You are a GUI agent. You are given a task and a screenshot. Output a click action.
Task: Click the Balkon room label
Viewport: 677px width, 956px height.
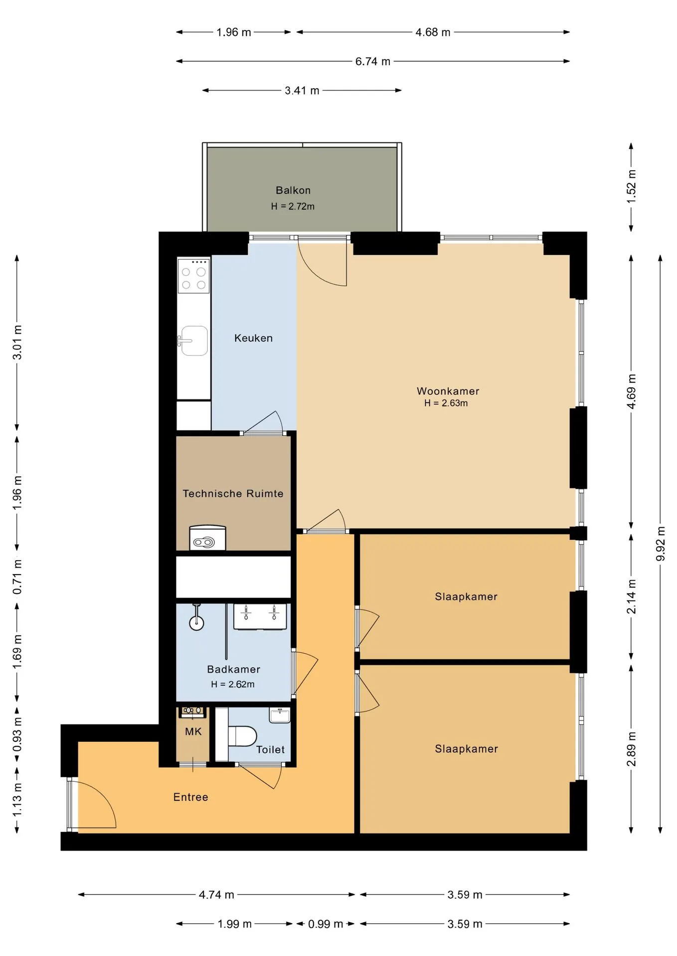[293, 190]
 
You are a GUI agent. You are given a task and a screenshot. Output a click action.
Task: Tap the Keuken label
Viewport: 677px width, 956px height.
[254, 338]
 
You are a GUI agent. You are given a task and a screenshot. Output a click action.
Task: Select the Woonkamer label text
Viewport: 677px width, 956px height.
[448, 391]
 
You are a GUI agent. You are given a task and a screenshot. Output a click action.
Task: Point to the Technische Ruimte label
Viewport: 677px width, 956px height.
[233, 493]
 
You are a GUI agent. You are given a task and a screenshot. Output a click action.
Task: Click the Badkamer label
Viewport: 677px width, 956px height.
[233, 669]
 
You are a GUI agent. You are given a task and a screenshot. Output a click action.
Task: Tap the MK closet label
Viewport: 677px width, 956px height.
[193, 731]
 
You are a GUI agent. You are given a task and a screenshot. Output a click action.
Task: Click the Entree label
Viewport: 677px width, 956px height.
[190, 797]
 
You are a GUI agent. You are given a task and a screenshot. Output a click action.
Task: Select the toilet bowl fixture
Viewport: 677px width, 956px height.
[242, 736]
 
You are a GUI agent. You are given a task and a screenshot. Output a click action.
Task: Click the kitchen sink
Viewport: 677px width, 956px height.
[194, 341]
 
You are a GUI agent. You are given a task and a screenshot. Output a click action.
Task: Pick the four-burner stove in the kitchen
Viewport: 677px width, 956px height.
[193, 275]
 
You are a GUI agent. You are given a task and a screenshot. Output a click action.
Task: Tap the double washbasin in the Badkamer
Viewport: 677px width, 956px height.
[260, 616]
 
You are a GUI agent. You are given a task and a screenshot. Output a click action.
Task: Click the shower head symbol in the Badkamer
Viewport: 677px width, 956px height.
[196, 620]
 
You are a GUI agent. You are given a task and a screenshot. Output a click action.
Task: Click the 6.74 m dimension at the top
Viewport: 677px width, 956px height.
[373, 61]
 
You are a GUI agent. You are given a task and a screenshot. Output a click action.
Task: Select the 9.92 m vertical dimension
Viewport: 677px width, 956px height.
[660, 544]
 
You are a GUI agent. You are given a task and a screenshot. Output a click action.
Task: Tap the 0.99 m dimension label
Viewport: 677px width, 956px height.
[326, 924]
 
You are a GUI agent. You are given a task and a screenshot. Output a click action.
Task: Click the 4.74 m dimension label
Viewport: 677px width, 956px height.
[216, 895]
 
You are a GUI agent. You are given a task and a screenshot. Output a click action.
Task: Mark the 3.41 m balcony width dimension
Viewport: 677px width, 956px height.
[302, 91]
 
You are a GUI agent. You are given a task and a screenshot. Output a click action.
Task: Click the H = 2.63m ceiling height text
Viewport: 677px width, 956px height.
[446, 403]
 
